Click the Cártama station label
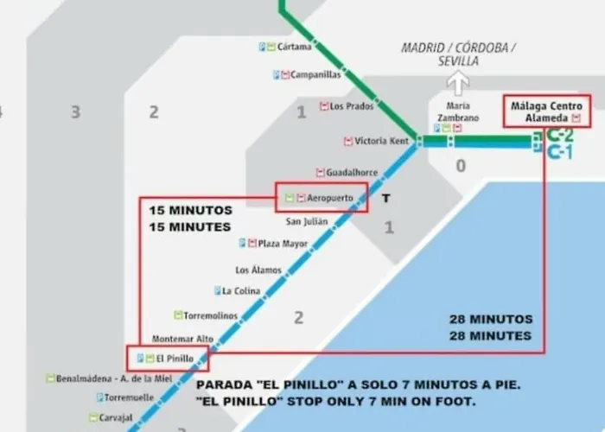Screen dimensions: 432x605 point(294,47)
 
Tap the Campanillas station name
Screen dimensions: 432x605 point(315,75)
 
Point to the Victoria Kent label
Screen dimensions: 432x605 point(381,141)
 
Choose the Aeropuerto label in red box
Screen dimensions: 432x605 point(330,198)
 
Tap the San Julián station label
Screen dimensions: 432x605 point(307,221)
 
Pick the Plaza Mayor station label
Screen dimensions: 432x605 point(283,244)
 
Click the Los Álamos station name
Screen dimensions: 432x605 point(259,270)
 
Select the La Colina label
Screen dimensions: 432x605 point(241,291)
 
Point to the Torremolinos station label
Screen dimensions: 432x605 point(210,316)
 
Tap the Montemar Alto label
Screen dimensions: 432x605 point(182,339)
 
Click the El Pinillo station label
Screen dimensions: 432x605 point(175,358)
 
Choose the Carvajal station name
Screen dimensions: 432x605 point(116,417)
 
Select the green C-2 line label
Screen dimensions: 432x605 point(560,136)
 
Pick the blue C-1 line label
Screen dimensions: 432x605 point(560,153)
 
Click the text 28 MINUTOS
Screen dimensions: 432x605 point(490,319)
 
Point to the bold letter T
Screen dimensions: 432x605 point(386,199)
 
